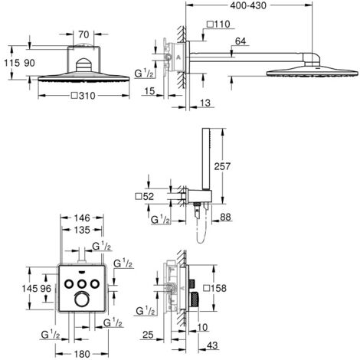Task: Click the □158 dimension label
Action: click(217, 290)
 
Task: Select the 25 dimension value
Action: click(148, 334)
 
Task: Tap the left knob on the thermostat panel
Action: click(68, 285)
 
